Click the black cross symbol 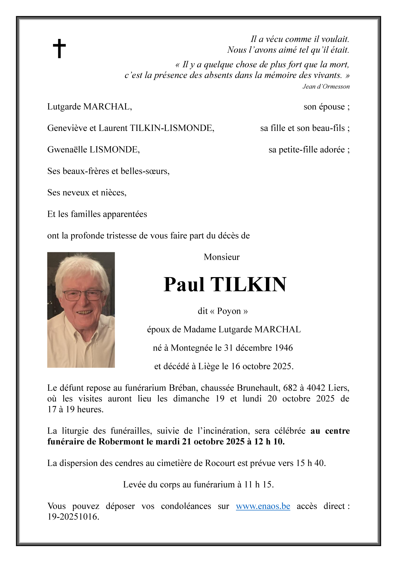coord(59,48)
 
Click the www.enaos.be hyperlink coord(263,506)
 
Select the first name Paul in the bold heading coord(184,285)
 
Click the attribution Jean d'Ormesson coord(326,87)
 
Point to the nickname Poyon coord(229,311)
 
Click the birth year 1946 coord(283,348)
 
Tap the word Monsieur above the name coord(222,257)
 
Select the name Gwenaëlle coord(67,150)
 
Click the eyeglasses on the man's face coord(83,295)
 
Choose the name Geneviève coord(67,128)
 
